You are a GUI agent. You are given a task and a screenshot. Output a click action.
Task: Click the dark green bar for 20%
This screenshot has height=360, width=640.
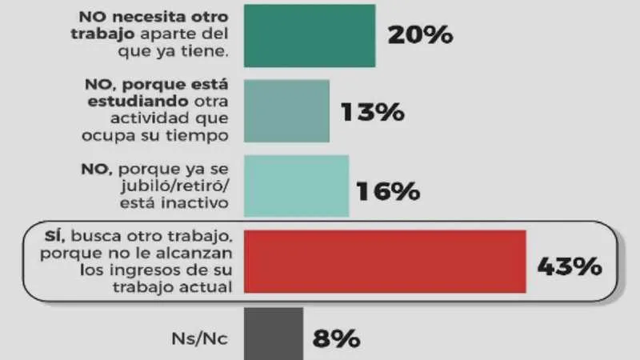pyautogui.click(x=309, y=35)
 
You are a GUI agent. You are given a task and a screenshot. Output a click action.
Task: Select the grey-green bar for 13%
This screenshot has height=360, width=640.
pyautogui.click(x=286, y=110)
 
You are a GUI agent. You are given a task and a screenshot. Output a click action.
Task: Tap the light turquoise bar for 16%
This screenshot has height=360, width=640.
pyautogui.click(x=295, y=186)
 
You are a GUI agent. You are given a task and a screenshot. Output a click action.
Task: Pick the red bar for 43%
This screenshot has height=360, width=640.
pyautogui.click(x=384, y=262)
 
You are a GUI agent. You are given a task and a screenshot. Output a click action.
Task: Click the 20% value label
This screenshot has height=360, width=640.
pyautogui.click(x=420, y=36)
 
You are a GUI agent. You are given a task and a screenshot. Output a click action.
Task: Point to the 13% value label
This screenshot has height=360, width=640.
pyautogui.click(x=371, y=112)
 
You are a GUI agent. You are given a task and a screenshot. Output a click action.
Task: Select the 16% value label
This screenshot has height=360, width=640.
pyautogui.click(x=388, y=191)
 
